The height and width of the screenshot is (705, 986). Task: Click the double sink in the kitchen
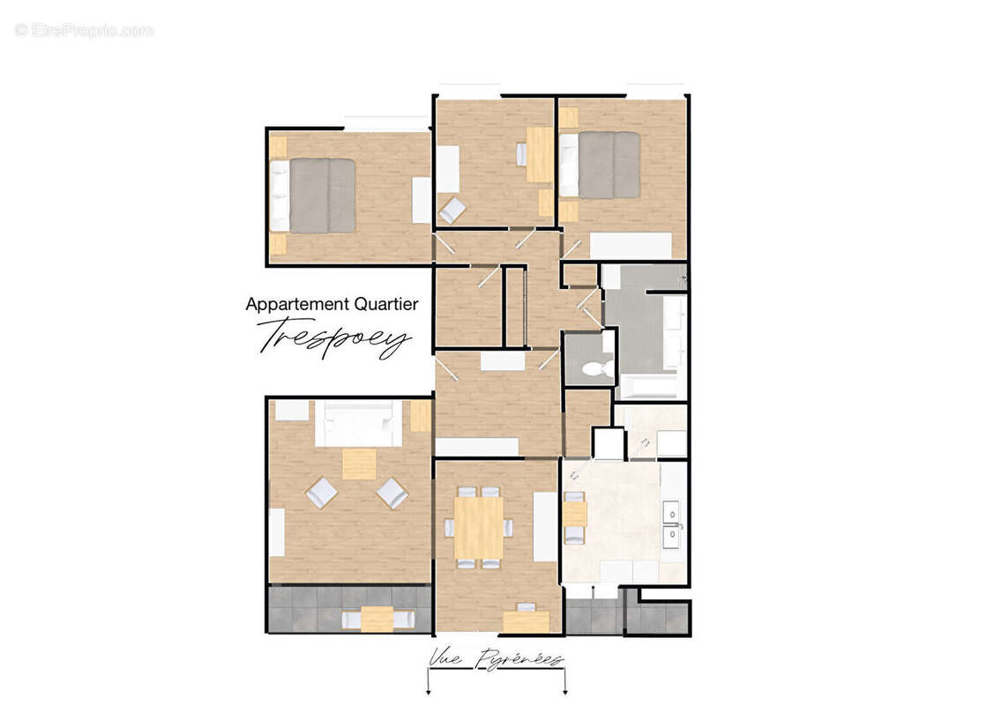[x=672, y=523]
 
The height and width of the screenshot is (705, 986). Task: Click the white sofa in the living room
[x=358, y=424]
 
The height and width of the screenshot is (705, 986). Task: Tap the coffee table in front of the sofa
[x=359, y=464]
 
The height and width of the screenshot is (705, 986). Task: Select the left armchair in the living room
[x=322, y=493]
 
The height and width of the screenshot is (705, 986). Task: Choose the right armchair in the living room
[x=392, y=493]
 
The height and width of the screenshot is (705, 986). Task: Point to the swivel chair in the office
[x=453, y=210]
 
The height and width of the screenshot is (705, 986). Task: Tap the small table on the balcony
[x=377, y=619]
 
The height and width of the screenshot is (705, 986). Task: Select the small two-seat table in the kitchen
[x=574, y=514]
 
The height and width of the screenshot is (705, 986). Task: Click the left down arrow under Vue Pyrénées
[x=428, y=684]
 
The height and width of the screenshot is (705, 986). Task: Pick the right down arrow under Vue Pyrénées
[x=564, y=684]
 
